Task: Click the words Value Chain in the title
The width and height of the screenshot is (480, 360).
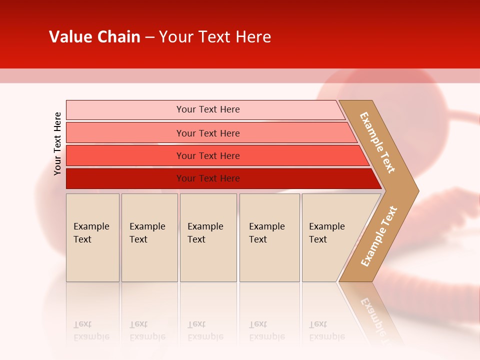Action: (94, 37)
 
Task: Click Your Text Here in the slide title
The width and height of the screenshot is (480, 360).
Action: (215, 37)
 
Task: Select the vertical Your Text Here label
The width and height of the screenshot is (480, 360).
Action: (57, 144)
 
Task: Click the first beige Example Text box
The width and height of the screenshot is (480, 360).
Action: (92, 237)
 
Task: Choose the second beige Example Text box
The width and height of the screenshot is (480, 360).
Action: (149, 237)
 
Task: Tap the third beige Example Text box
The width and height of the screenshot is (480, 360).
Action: (208, 237)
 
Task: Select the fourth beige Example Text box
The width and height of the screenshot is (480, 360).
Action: (269, 237)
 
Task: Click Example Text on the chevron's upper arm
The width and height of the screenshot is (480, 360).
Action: (377, 142)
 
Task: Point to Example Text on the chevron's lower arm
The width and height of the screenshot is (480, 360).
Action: (378, 236)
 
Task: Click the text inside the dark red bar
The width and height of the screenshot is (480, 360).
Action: (208, 178)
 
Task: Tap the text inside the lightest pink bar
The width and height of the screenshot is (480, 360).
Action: (208, 109)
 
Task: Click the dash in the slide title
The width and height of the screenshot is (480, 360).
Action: (149, 37)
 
